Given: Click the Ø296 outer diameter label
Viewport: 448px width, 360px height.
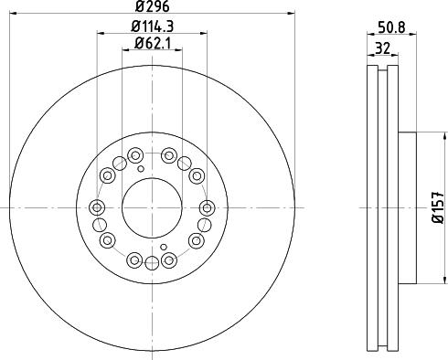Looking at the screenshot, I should (152, 8).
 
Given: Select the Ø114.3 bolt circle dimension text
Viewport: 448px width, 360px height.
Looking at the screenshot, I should (152, 26).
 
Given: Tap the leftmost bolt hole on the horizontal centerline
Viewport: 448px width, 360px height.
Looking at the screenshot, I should (97, 207).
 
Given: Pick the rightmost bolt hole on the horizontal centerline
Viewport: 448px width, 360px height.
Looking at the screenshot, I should (207, 207).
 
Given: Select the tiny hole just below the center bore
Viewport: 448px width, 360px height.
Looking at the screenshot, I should (164, 248).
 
